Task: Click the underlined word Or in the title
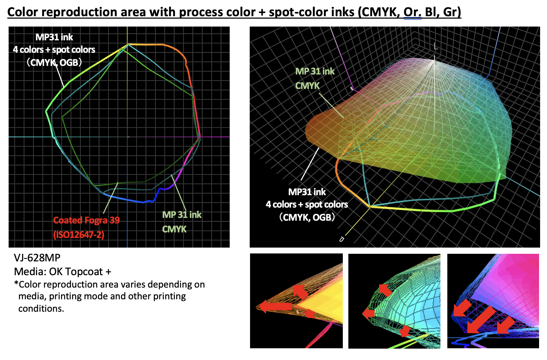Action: pos(412,12)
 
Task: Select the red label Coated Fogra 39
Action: pos(86,220)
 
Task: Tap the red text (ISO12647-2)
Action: pos(79,235)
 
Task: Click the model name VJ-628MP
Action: pos(37,258)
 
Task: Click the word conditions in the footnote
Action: pos(41,308)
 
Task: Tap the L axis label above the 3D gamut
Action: pos(436,47)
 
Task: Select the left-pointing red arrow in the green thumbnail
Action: pos(369,313)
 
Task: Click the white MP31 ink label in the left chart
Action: pos(54,37)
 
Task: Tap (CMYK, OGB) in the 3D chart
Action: pos(307,217)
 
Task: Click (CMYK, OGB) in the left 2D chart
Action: pos(54,62)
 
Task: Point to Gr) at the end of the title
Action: pos(452,12)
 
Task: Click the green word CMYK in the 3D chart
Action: pos(307,86)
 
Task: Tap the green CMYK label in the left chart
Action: pos(174,229)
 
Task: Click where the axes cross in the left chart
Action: pos(127,137)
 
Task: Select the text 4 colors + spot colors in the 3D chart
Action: pos(307,204)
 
